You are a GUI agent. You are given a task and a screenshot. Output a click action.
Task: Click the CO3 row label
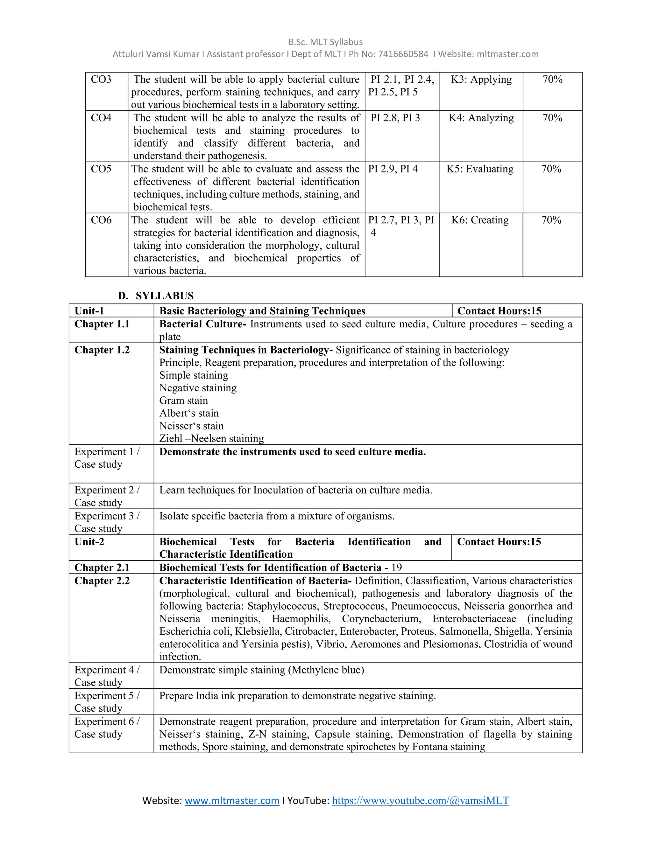point(101,80)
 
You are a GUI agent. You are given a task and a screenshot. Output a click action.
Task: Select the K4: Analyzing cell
point(481,118)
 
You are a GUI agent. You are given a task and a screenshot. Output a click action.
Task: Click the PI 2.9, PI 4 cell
point(393,169)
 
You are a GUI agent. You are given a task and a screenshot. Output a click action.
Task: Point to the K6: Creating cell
point(480,220)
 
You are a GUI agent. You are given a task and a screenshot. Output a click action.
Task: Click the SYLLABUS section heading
point(165,296)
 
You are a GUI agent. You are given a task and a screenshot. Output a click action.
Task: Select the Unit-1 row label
point(89,311)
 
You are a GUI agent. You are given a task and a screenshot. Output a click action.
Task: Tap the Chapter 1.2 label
point(102,350)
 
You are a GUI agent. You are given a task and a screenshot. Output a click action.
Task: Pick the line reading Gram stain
point(183,401)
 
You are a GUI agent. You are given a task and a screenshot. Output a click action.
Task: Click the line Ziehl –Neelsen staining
point(212,438)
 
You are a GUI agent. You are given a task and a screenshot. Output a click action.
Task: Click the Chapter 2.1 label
point(102,568)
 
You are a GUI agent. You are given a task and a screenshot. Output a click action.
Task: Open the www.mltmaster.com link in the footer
point(232,801)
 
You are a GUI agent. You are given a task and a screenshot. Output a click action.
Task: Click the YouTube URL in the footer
point(420,801)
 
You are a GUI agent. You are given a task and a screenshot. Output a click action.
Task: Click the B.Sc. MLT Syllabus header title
point(326,42)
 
